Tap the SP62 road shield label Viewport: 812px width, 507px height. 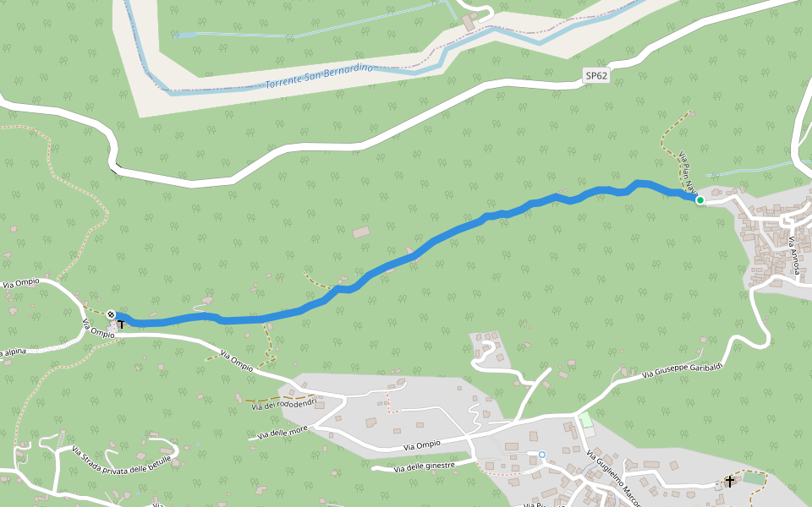click(596, 75)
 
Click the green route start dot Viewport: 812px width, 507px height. click(700, 200)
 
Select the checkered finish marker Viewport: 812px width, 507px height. click(111, 314)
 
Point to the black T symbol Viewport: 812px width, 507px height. click(121, 324)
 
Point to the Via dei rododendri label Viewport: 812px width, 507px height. click(283, 403)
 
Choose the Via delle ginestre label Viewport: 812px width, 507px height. click(424, 466)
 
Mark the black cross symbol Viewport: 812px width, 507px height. click(730, 482)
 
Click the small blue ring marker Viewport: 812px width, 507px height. click(542, 455)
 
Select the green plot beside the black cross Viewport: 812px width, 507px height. click(752, 478)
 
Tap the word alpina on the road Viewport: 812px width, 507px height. click(15, 351)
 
